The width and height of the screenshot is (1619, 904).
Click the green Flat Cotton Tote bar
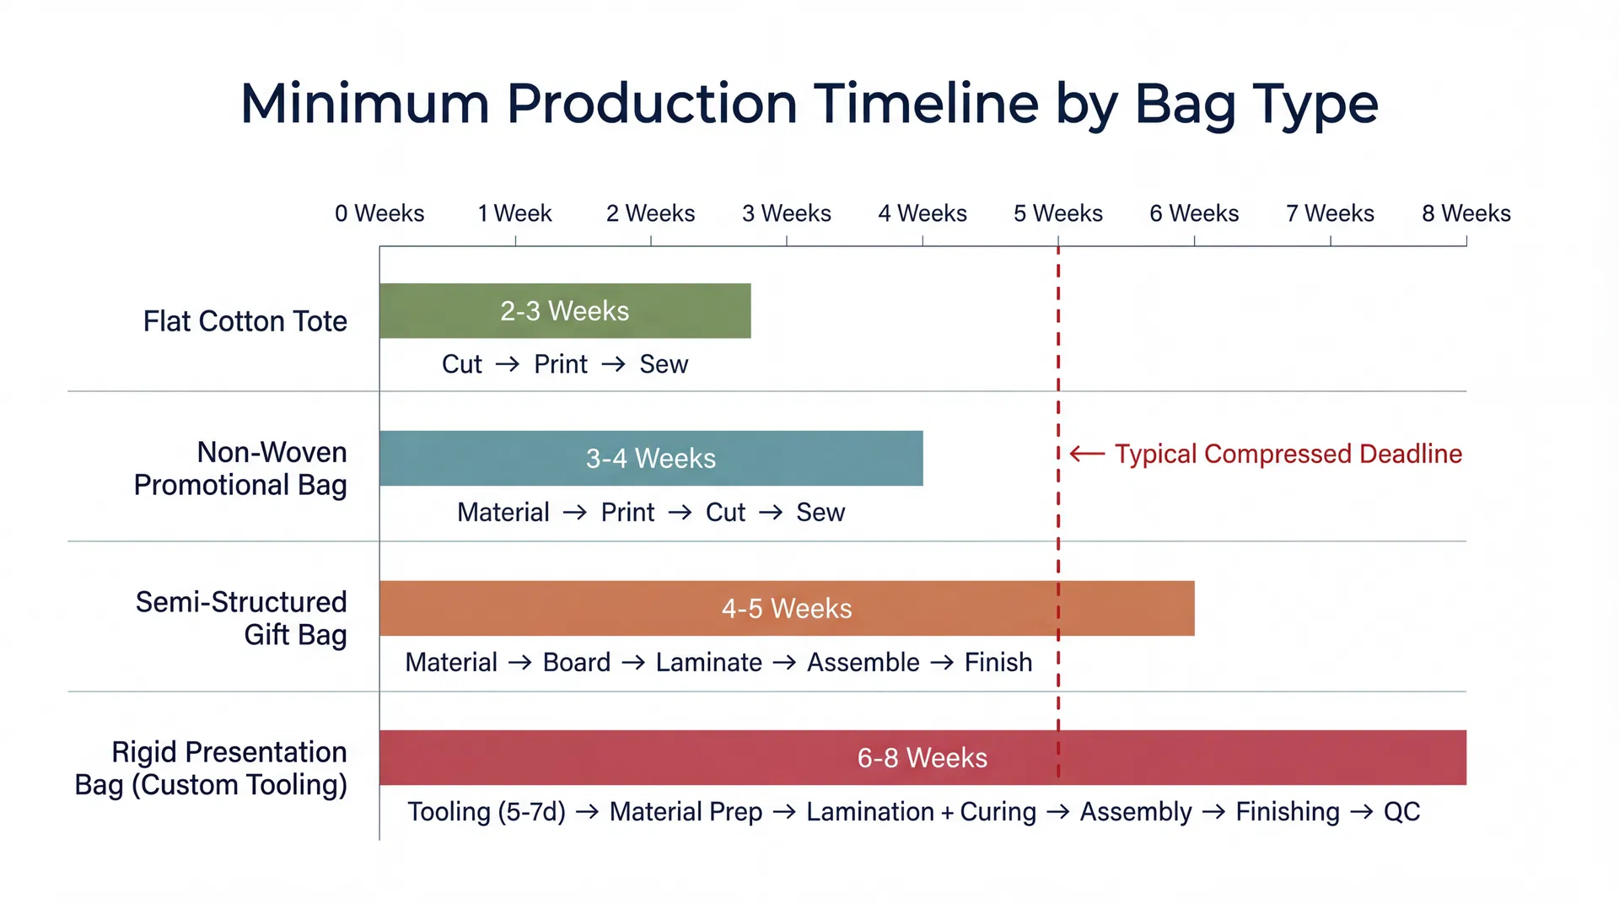coord(565,311)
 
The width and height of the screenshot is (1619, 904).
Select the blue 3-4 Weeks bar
coord(651,458)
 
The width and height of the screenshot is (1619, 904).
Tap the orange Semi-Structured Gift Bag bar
coord(786,608)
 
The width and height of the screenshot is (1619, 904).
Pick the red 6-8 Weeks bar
coord(922,757)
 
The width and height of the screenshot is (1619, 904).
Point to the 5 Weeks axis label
coord(1057,213)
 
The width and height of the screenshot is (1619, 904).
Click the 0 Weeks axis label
coord(379,213)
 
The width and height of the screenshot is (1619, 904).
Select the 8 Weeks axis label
coord(1466,213)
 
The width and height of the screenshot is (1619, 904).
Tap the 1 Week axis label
coord(514,213)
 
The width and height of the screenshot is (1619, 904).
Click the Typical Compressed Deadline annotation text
coord(1288,454)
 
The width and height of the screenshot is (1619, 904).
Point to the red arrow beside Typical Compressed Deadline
coord(1087,454)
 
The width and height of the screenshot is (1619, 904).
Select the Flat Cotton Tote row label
coord(245,321)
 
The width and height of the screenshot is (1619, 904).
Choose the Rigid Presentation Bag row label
coord(212,768)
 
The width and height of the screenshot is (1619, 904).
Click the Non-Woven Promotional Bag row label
coord(240,469)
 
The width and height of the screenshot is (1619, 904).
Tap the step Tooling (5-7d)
coord(487,811)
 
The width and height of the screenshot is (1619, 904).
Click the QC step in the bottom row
coord(1401,811)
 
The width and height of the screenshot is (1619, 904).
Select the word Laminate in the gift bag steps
coord(708,662)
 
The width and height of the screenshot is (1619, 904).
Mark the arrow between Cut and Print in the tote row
coord(508,364)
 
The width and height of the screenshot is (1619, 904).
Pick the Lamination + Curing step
coord(921,811)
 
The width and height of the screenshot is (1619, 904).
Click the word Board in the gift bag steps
coord(576,662)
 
